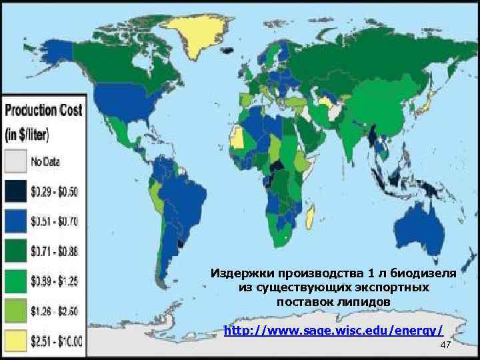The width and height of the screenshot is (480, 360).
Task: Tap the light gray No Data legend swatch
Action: tap(15, 161)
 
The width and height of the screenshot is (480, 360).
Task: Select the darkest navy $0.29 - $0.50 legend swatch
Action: tap(15, 191)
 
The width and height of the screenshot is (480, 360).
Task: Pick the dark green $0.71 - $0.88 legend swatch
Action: tap(15, 251)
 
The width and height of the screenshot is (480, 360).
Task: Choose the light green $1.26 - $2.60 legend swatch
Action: tap(15, 311)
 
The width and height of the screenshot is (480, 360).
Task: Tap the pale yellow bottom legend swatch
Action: tap(15, 340)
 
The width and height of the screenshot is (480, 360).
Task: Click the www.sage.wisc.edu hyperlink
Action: tap(333, 330)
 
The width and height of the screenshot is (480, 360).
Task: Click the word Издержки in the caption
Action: tap(238, 273)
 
